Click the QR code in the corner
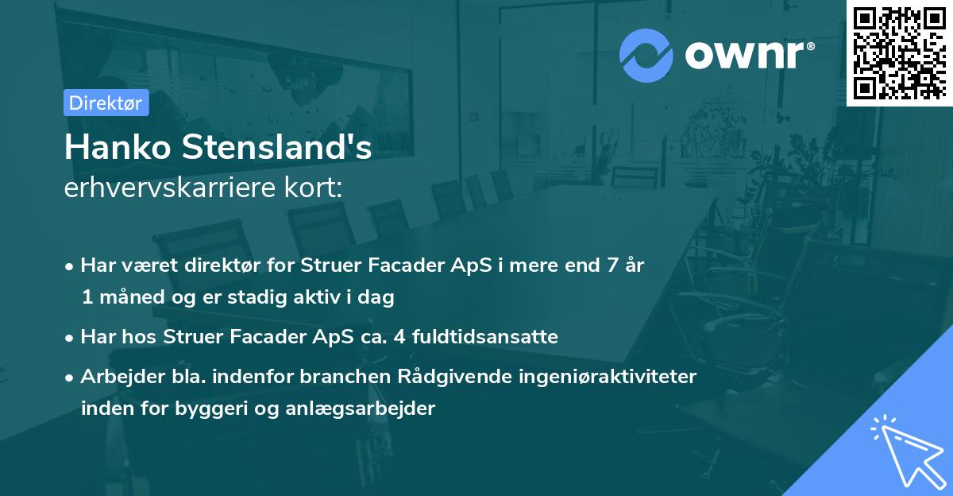[x=899, y=53]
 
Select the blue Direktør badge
[x=106, y=103]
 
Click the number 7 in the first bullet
[x=612, y=265]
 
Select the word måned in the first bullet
[x=129, y=298]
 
